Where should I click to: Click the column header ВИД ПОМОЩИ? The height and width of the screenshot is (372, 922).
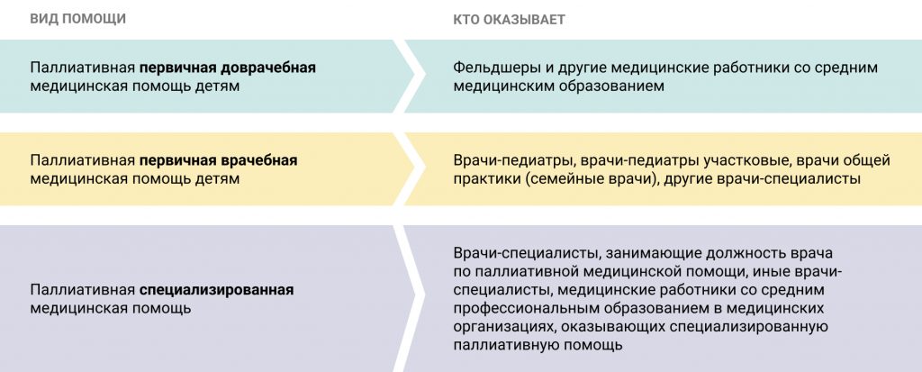tap(78, 19)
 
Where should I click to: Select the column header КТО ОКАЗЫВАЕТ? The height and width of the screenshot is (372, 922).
tap(510, 20)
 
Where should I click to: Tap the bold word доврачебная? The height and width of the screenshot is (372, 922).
tap(268, 68)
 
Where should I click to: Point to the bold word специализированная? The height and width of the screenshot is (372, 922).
tap(216, 291)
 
